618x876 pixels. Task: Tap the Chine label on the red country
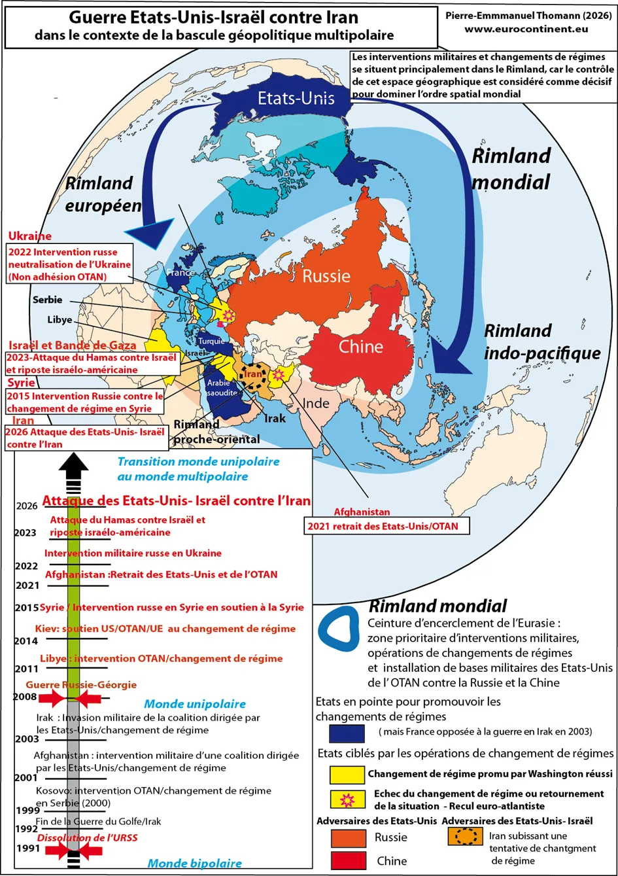pyautogui.click(x=360, y=346)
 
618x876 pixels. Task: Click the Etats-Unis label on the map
pyautogui.click(x=296, y=98)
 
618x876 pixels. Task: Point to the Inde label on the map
pyautogui.click(x=317, y=403)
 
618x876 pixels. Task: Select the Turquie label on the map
pyautogui.click(x=211, y=342)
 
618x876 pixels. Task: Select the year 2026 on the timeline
pyautogui.click(x=27, y=506)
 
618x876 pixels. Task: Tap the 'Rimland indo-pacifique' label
pyautogui.click(x=541, y=342)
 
